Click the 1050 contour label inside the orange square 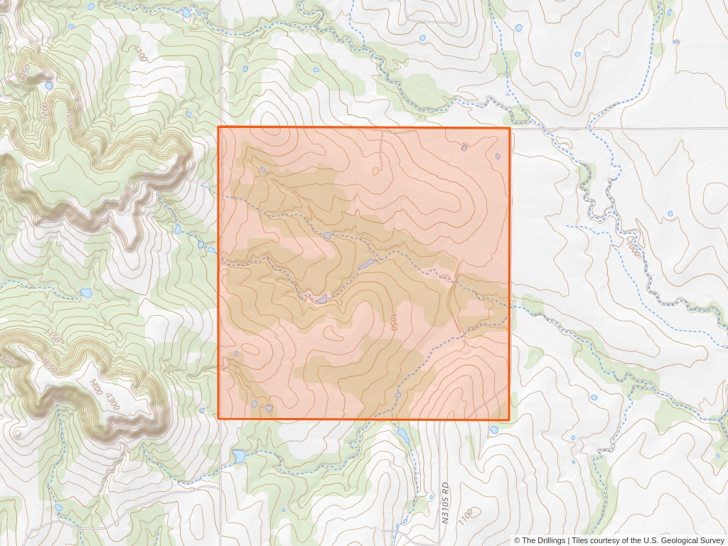coord(392,321)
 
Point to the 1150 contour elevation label coord(52,337)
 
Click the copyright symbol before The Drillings coord(518,540)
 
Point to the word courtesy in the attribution coord(613,540)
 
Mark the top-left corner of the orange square coord(218,127)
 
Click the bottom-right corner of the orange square coord(510,419)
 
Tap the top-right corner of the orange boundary coord(510,127)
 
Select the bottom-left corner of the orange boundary coord(218,419)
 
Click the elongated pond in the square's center coord(365,264)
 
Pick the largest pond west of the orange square coord(86,292)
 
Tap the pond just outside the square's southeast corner coord(493,429)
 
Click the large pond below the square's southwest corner coord(239,454)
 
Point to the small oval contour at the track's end coord(376,171)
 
